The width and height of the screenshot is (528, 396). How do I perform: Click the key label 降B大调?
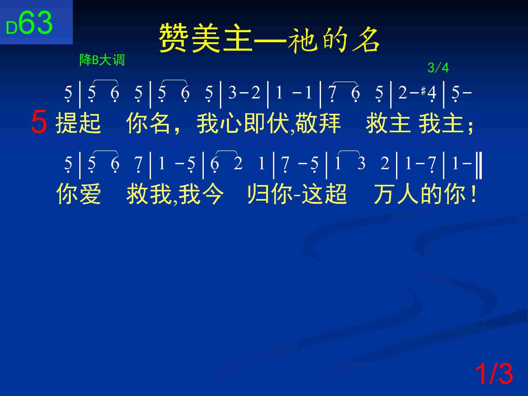coord(102,60)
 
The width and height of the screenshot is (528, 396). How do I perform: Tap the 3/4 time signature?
coord(438,68)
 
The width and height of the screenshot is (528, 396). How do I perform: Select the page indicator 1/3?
coord(494,374)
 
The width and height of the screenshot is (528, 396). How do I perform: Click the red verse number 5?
coord(39,122)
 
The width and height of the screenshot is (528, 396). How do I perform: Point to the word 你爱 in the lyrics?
coord(78,194)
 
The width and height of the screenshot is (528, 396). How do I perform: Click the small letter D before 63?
coord(12,28)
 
